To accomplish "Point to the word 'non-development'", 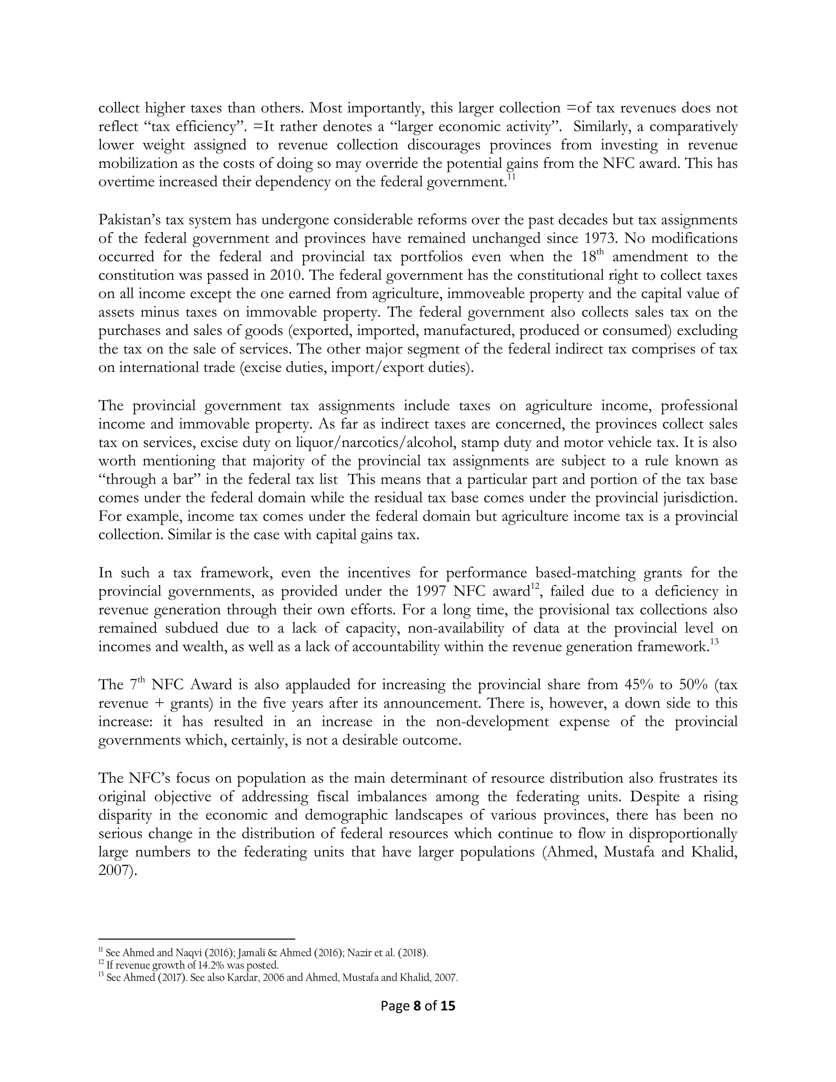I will click(x=492, y=722).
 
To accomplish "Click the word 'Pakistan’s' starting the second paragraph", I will click(x=129, y=220).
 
